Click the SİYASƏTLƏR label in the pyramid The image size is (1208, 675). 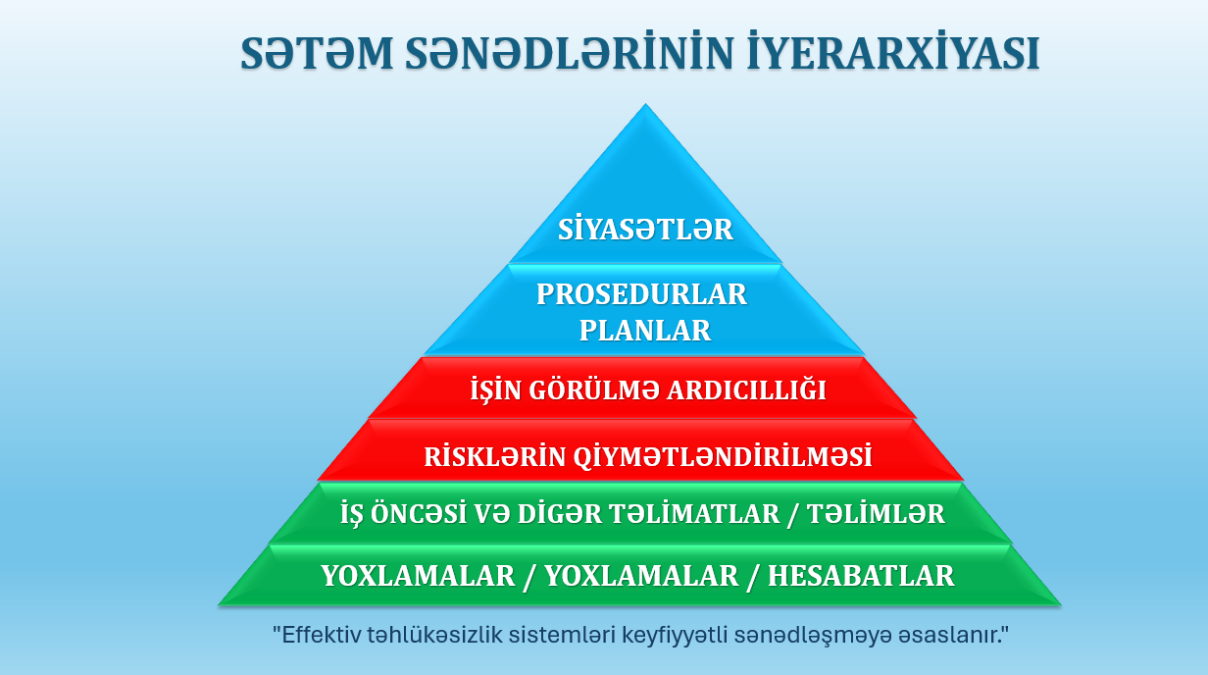click(645, 230)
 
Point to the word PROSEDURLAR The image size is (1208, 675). click(642, 294)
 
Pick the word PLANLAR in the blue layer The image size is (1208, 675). click(644, 331)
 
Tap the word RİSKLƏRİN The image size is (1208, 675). click(484, 457)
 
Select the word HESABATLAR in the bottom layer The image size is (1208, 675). click(861, 576)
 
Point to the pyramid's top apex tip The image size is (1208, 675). click(645, 106)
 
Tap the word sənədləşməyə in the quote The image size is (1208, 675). click(838, 635)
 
